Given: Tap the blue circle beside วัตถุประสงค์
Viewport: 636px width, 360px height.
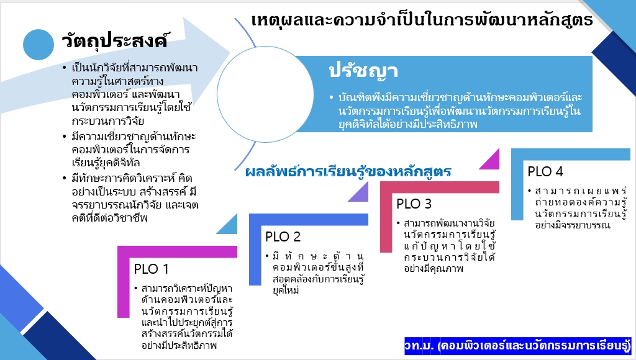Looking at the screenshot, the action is click(39, 45).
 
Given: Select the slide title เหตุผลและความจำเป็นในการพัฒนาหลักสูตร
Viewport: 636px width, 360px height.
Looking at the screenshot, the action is click(422, 19).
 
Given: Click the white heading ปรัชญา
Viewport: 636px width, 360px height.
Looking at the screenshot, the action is click(363, 71).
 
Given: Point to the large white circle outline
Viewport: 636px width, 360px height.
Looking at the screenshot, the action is click(217, 94).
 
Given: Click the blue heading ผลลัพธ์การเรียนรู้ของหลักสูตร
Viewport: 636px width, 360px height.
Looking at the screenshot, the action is click(348, 171).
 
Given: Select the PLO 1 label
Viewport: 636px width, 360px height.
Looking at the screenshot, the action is click(152, 269).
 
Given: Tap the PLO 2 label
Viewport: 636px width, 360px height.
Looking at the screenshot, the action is click(283, 236).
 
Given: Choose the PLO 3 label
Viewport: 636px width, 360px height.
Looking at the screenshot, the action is click(414, 204).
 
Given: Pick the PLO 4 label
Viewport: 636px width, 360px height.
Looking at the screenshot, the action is click(545, 171).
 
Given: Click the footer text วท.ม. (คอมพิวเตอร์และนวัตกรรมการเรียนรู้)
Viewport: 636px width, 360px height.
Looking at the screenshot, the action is click(517, 345).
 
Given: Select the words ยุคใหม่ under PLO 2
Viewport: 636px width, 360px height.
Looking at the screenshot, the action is click(286, 290).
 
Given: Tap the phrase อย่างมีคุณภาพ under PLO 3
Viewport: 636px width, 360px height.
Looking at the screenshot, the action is click(433, 268).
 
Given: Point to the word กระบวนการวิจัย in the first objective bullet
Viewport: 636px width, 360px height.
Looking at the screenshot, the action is click(108, 121).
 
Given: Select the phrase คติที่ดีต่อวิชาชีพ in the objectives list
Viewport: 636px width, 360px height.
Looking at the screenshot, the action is click(109, 218).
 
